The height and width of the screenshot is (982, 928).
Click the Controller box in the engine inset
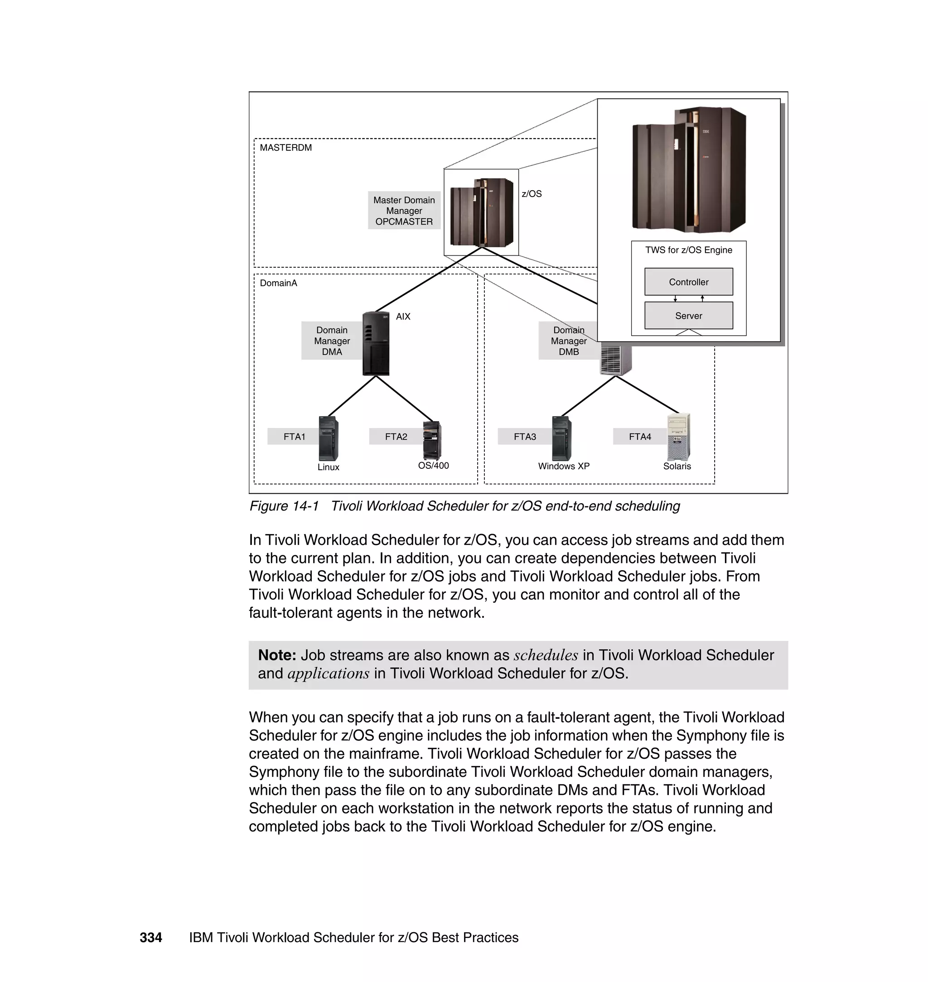click(688, 282)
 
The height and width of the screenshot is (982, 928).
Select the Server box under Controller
click(688, 315)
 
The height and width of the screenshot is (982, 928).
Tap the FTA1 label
click(295, 437)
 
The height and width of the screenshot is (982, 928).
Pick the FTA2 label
click(396, 437)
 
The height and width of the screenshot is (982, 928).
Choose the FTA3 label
click(524, 437)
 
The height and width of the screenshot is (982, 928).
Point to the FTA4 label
click(640, 437)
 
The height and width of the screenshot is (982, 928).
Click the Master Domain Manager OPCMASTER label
click(404, 211)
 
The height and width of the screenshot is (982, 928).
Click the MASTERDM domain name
click(285, 147)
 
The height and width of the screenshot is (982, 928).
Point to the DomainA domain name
click(278, 283)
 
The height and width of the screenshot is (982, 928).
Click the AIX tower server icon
click(376, 343)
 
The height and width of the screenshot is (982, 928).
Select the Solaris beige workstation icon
click(678, 437)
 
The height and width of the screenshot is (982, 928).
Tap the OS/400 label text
click(433, 465)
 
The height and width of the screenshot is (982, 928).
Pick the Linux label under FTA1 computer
click(328, 467)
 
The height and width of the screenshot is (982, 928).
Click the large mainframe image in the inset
click(689, 169)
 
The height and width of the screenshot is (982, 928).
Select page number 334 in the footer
click(150, 937)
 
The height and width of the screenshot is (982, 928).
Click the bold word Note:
click(276, 655)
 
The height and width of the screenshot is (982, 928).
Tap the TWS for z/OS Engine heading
click(688, 250)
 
